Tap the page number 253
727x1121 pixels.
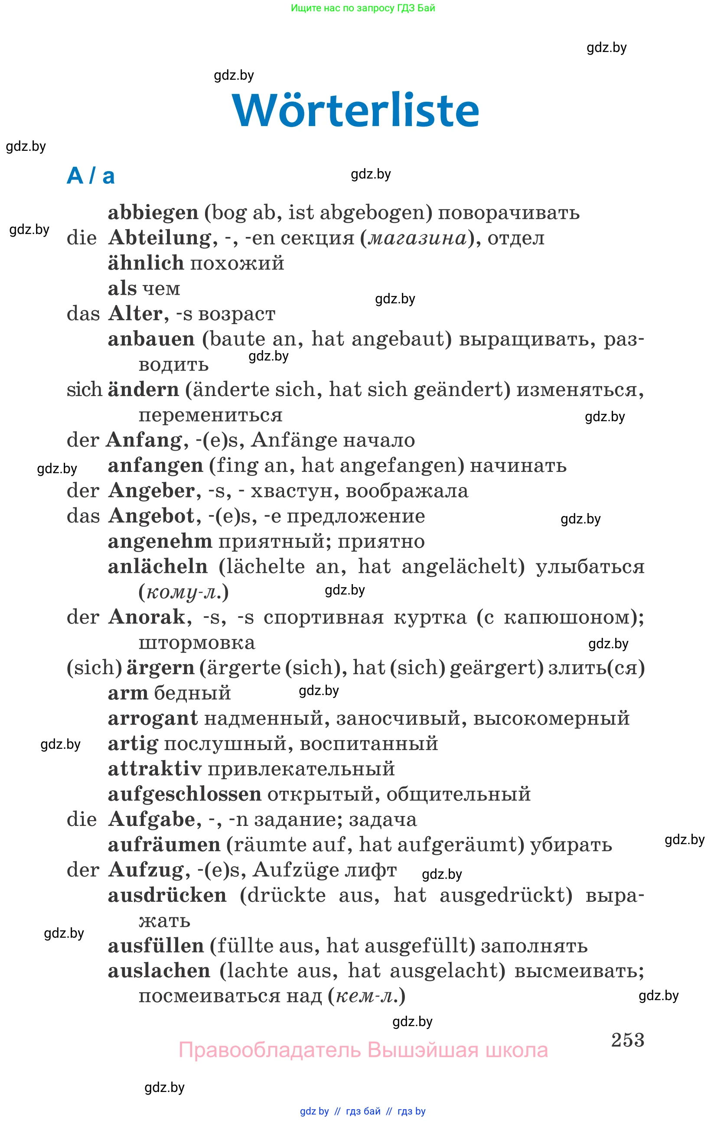pos(627,1040)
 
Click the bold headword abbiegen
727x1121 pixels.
pos(153,213)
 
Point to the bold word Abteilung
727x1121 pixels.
pos(160,238)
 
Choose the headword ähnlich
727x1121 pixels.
pos(146,263)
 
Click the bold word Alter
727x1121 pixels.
pos(135,314)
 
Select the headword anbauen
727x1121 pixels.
pos(151,339)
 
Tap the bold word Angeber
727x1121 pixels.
pos(151,491)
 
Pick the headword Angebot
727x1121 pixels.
pos(151,516)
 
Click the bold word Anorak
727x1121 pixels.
pos(147,617)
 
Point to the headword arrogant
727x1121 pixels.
pos(153,718)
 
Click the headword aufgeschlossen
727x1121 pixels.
pos(185,795)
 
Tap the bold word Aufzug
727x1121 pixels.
pos(146,870)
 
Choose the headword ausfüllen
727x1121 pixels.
pos(156,946)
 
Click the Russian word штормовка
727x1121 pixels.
pos(197,643)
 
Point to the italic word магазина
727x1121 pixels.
pos(417,238)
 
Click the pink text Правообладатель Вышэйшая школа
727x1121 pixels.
pos(363,1050)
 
